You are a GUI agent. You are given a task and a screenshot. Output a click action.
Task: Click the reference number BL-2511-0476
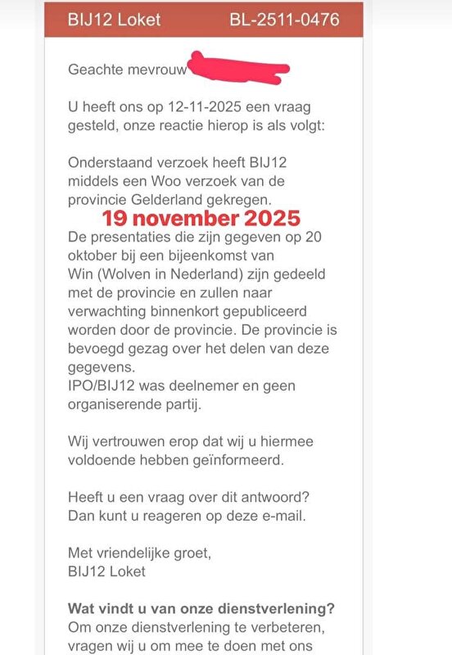point(285,19)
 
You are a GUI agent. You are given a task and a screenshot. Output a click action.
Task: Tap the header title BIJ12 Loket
point(115,19)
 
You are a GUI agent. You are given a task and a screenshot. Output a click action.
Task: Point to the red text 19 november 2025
point(201,219)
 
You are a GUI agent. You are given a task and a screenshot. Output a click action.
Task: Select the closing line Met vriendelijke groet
point(140,553)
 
